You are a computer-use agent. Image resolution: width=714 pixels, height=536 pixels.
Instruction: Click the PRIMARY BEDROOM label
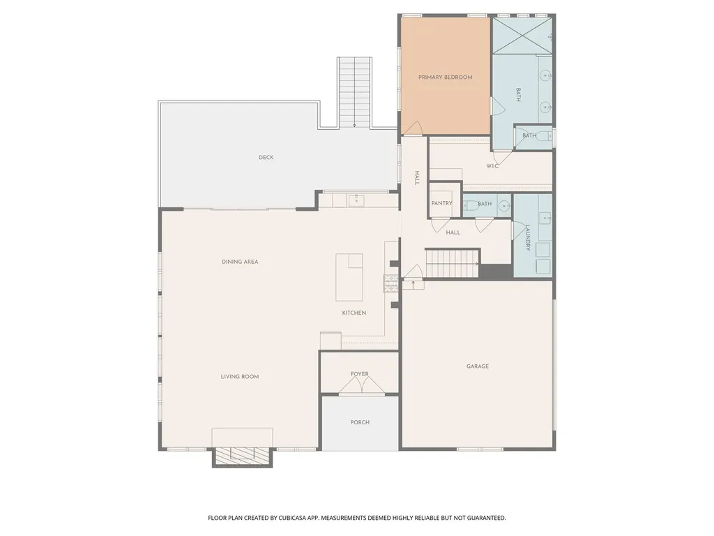(445, 77)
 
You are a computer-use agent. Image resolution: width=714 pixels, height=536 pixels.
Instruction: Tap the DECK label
(266, 157)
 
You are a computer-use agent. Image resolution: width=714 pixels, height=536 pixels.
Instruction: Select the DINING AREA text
(240, 262)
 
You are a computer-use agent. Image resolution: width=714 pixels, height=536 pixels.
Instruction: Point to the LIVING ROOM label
(240, 376)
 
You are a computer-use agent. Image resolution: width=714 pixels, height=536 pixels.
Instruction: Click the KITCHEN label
(354, 313)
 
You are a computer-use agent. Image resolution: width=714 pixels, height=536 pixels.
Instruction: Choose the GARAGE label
(477, 366)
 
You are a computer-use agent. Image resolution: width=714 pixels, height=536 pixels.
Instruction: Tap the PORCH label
(360, 422)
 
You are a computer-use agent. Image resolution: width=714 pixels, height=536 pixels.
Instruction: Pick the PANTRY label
(441, 203)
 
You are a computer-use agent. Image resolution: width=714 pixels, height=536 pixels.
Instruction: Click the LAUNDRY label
(528, 237)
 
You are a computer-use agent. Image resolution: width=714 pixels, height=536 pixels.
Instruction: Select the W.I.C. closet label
(493, 166)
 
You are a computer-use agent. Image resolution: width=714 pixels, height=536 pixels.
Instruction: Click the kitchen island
(349, 278)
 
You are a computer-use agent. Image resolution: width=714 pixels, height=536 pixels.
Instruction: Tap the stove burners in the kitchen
(390, 283)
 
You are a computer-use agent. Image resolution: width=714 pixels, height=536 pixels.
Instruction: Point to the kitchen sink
(356, 200)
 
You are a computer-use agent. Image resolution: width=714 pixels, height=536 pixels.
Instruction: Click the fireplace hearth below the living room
(242, 457)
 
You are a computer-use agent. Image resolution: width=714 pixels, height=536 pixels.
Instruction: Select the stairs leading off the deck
(354, 93)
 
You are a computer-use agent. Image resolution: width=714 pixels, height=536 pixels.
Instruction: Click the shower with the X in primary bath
(522, 36)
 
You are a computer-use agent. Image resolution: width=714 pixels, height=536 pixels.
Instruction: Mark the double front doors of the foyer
(362, 385)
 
